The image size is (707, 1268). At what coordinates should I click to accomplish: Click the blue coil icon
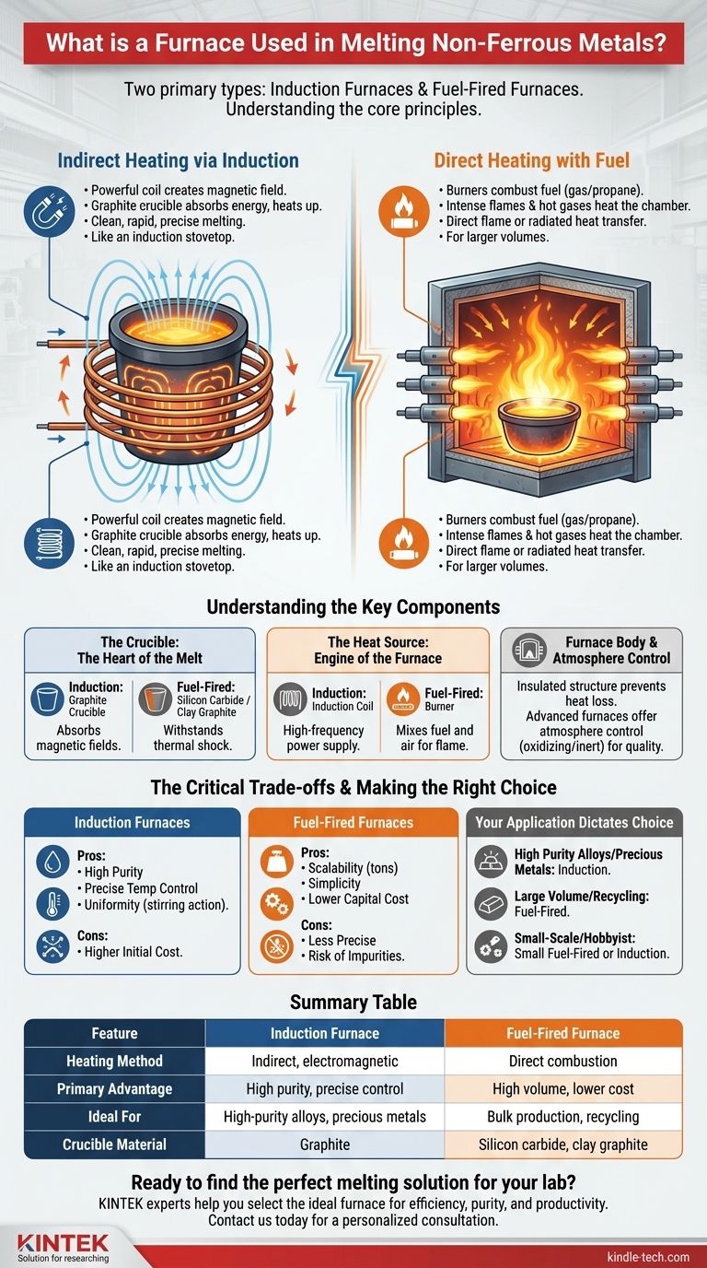click(49, 542)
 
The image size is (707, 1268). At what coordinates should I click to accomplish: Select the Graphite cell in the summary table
click(325, 1144)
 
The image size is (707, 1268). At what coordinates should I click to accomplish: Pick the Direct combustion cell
click(563, 1061)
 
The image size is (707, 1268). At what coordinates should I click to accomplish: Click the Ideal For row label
click(114, 1116)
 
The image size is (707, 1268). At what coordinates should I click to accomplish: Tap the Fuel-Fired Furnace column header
click(563, 1033)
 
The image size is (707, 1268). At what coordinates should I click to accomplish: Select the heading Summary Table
click(353, 1002)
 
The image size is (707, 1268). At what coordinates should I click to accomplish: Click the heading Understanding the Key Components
click(353, 607)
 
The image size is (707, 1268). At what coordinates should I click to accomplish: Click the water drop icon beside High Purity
click(52, 861)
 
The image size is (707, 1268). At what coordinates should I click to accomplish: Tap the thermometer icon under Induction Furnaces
click(52, 903)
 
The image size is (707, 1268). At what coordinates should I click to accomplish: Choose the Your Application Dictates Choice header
click(574, 822)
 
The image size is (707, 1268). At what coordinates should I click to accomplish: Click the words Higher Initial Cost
click(133, 952)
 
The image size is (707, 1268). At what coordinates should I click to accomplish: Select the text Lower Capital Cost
click(359, 898)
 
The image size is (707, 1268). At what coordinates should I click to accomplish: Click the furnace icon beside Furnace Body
click(529, 650)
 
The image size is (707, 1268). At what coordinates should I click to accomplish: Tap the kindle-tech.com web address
click(648, 1257)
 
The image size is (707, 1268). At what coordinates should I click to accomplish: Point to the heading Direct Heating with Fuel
click(532, 160)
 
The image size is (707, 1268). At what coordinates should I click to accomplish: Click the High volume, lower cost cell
click(563, 1088)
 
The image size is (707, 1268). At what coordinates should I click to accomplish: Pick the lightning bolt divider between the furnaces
click(353, 368)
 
